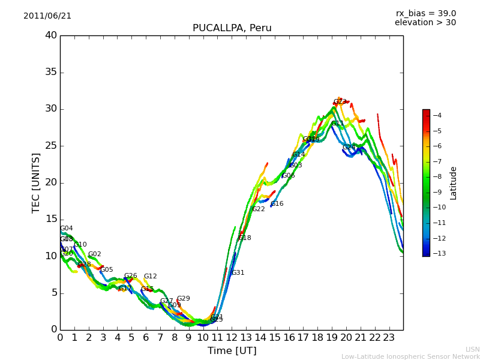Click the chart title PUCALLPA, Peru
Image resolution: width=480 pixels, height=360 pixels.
pyautogui.click(x=232, y=28)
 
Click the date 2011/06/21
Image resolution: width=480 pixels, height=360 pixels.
pyautogui.click(x=47, y=16)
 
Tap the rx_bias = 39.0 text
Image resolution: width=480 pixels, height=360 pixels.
pyautogui.click(x=425, y=14)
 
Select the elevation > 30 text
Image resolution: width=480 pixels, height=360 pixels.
pyautogui.click(x=425, y=23)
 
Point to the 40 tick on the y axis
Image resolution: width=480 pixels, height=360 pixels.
pyautogui.click(x=51, y=35)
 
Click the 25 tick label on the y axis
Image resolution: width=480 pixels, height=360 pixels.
pyautogui.click(x=51, y=146)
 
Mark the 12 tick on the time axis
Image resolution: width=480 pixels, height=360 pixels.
pyautogui.click(x=232, y=337)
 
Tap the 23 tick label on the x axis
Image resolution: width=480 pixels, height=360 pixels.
pyautogui.click(x=389, y=337)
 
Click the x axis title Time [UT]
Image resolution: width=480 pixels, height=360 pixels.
pyautogui.click(x=232, y=351)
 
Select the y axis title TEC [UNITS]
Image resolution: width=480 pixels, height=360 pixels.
pyautogui.click(x=37, y=182)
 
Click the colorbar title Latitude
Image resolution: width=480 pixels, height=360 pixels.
pyautogui.click(x=454, y=183)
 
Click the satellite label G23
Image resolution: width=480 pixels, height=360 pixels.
pyautogui.click(x=340, y=102)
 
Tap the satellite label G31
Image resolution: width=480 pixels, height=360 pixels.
pyautogui.click(x=238, y=273)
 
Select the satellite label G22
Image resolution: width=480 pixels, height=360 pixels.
pyautogui.click(x=259, y=209)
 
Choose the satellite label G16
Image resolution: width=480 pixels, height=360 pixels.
pyautogui.click(x=277, y=204)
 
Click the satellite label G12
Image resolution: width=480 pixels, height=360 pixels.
pyautogui.click(x=150, y=277)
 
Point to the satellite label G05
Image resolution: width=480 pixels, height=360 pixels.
pyautogui.click(x=107, y=270)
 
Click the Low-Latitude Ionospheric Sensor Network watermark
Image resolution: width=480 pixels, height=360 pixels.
pyautogui.click(x=410, y=357)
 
